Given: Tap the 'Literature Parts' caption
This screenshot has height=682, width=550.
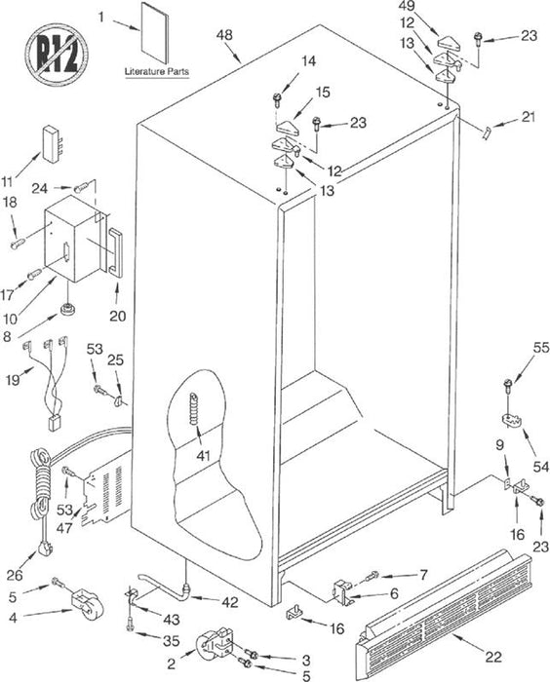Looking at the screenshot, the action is pos(157,71).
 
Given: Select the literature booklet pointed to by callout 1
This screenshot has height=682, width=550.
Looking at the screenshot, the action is pos(155,32).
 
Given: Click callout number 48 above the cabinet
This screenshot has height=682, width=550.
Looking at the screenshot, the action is pos(224,35).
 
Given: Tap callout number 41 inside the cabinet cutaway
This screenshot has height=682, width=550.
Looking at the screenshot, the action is pos(204,455).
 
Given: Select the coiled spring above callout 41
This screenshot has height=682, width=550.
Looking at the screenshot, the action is pos(194,408).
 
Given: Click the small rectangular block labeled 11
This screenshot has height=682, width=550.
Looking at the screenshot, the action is pos(52,144).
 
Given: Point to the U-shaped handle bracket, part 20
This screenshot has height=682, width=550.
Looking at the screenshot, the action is pos(115,251).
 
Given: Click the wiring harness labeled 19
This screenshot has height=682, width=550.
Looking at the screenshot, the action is pos(47,381).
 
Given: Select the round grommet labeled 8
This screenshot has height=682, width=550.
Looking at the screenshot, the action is pos(68,310).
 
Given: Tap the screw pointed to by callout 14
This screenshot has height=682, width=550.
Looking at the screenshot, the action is pos(277,99).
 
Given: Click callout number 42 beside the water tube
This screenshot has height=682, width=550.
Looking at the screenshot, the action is pos(230,602).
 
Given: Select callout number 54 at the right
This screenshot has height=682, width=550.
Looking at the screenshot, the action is pos(541,467).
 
